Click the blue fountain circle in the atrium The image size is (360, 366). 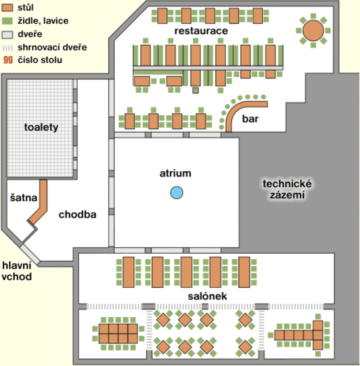(177, 192)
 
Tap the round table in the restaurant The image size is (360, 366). (314, 31)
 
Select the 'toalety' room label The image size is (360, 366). (41, 127)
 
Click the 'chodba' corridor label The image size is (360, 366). (78, 214)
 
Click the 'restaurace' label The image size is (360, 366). (201, 31)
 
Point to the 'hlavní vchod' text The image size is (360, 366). (16, 271)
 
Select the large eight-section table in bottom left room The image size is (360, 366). (118, 333)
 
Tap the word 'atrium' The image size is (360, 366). (175, 173)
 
